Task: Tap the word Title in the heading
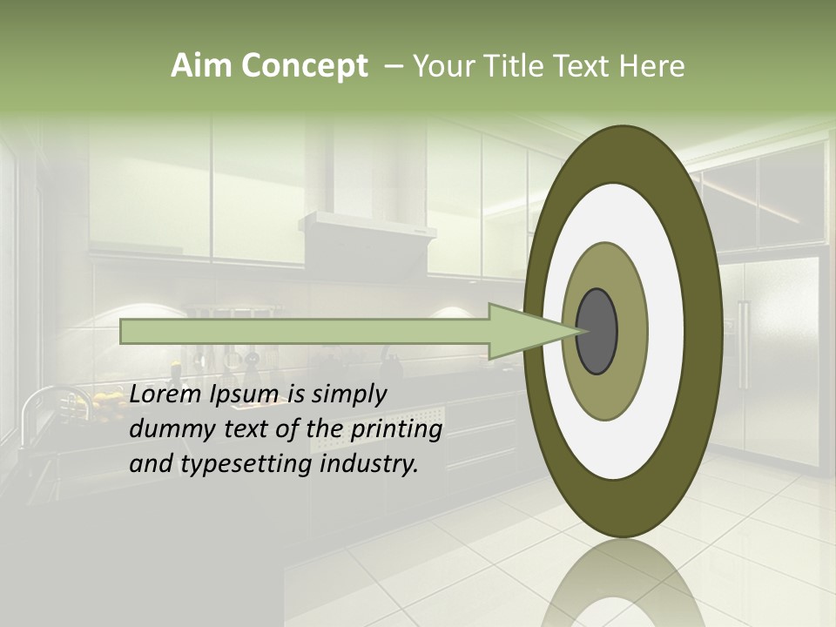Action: click(516, 66)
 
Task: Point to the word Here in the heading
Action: click(651, 66)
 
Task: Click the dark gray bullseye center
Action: click(597, 332)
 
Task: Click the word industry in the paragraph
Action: click(369, 464)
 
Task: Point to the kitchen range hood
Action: click(367, 231)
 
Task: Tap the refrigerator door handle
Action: click(743, 344)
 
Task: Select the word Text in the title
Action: click(582, 66)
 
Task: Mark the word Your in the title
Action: click(442, 66)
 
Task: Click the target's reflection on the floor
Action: click(623, 583)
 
